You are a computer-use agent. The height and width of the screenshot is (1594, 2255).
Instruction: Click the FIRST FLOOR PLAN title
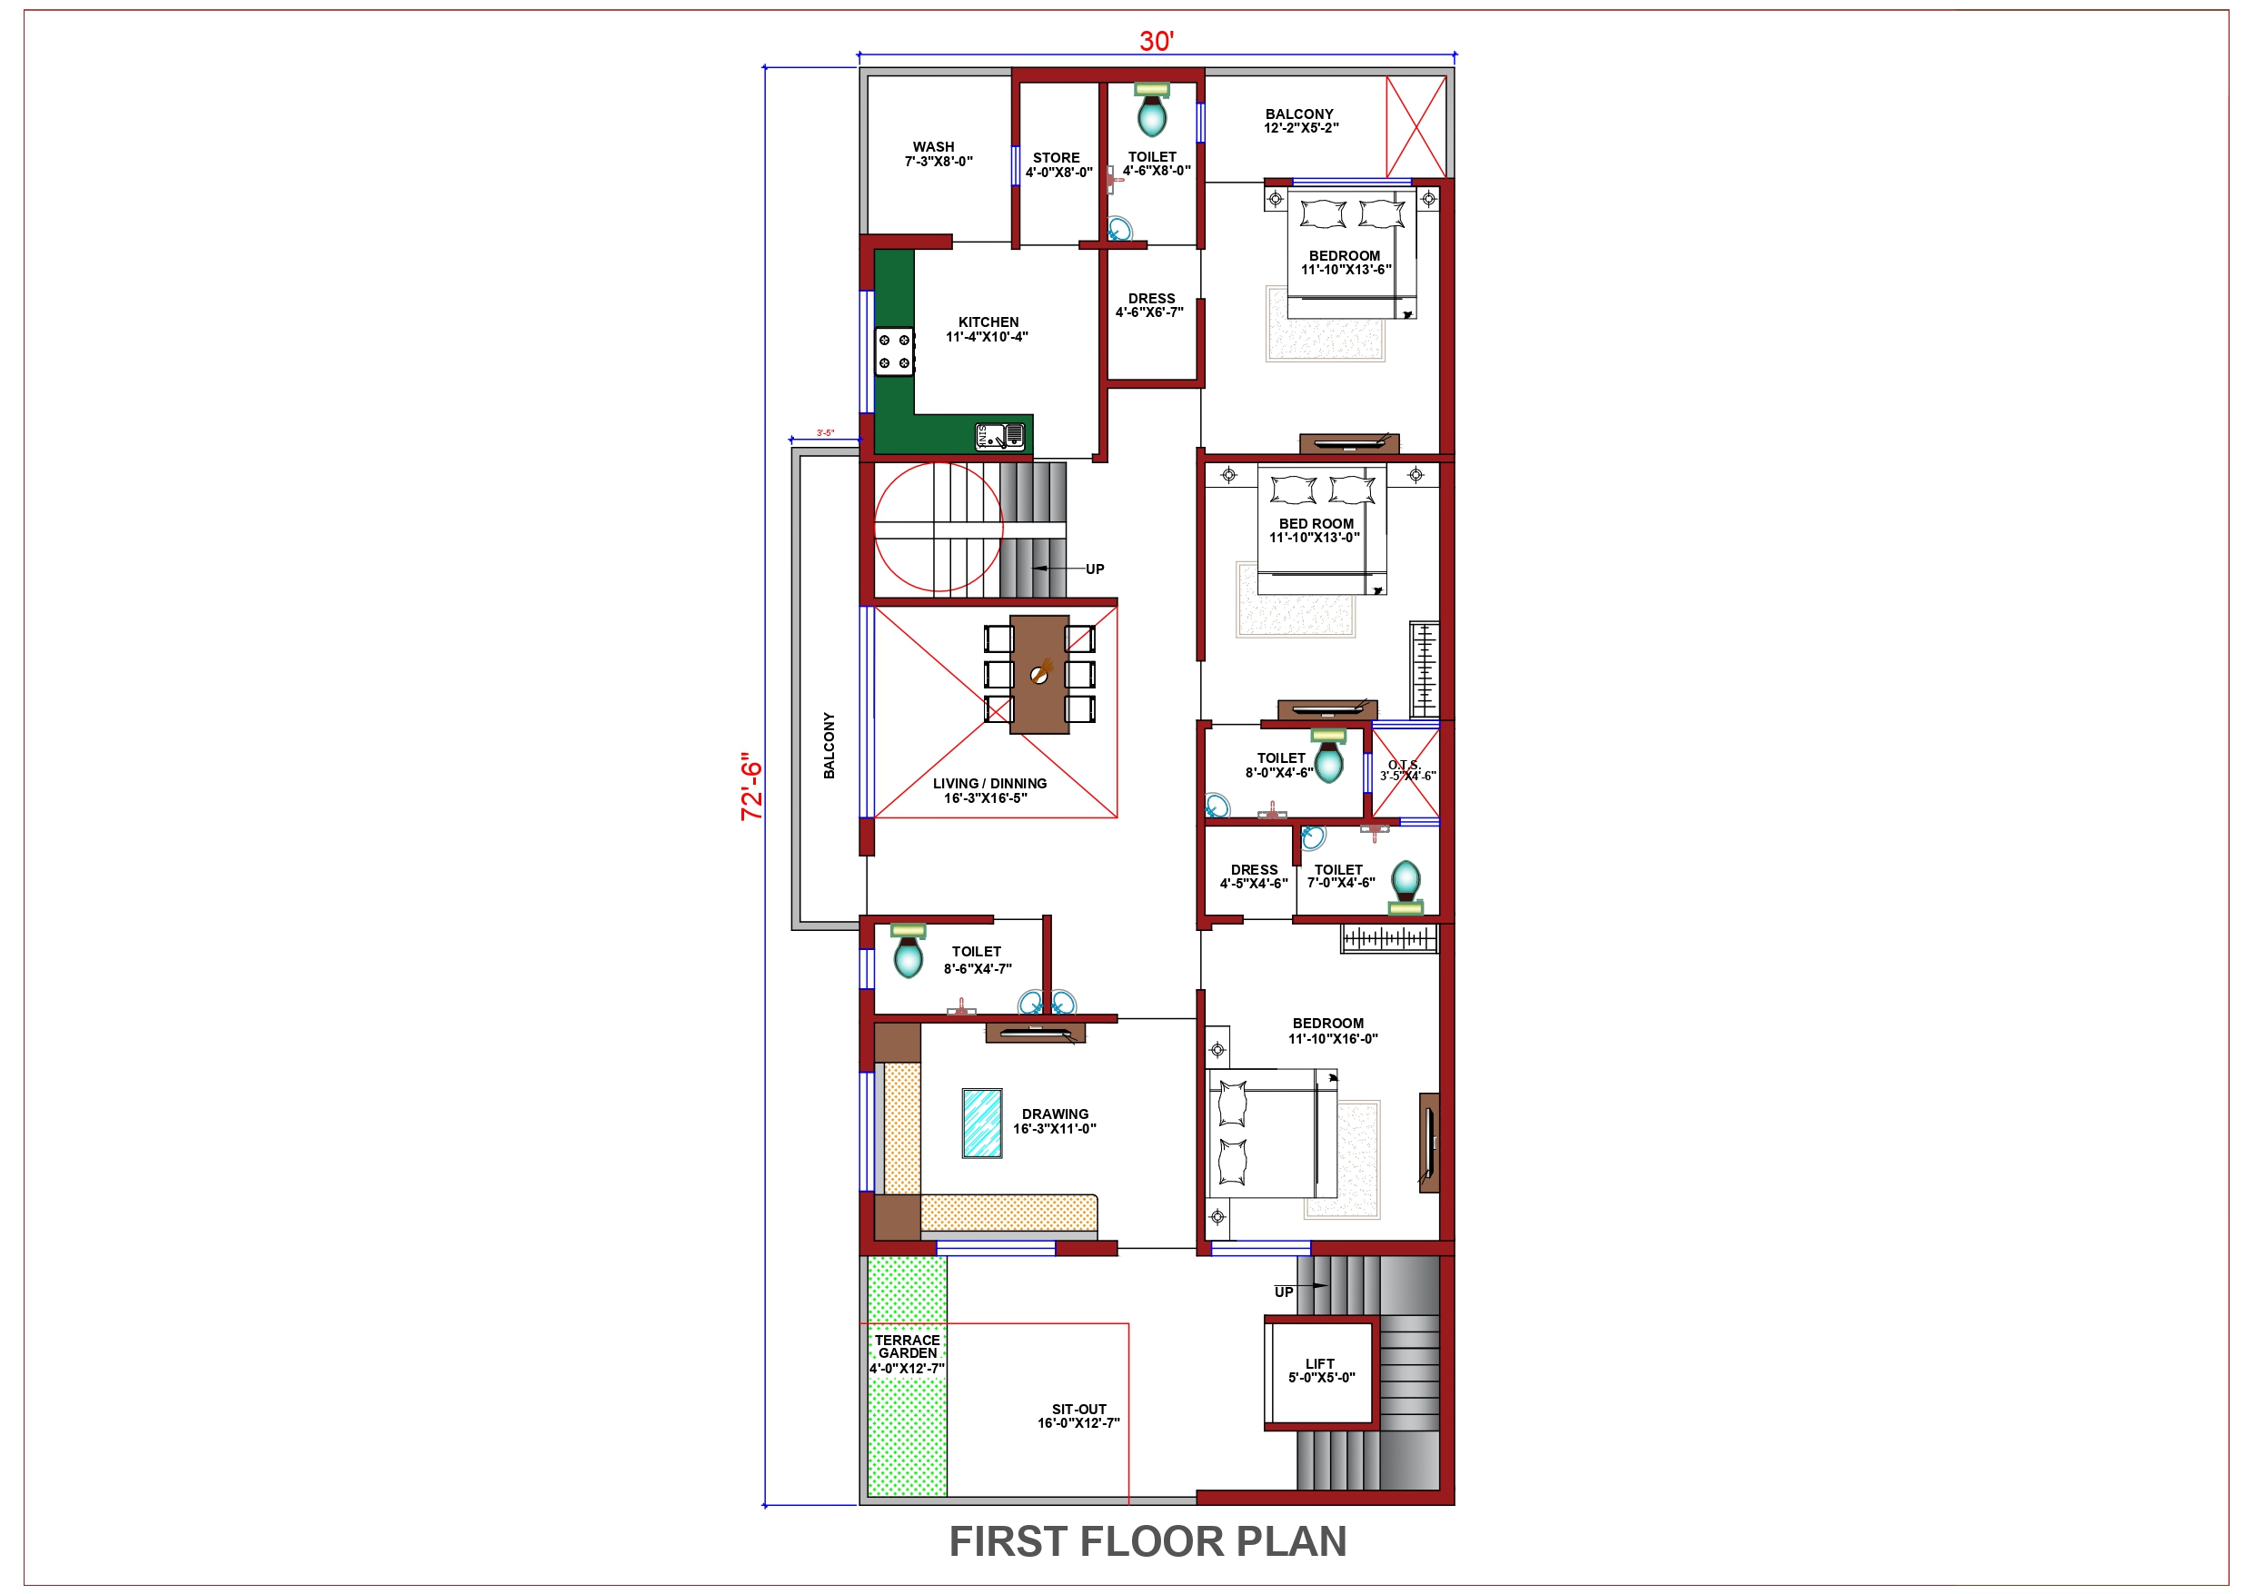(1147, 1541)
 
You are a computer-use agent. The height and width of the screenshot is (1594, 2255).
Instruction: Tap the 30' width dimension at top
(1156, 41)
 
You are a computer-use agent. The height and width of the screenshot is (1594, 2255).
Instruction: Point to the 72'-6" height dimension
(751, 786)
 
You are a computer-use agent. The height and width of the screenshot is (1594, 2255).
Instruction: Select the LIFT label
(1320, 1363)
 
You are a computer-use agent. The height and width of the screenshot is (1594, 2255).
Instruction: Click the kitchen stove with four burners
(894, 351)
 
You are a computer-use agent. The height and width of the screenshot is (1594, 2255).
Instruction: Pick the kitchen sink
(999, 435)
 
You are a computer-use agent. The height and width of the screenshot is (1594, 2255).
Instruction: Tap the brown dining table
(1039, 674)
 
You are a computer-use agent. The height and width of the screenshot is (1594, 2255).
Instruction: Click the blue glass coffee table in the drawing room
(982, 1123)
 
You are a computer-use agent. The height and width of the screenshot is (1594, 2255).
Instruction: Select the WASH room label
(933, 147)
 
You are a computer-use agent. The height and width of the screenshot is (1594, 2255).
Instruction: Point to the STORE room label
(1056, 158)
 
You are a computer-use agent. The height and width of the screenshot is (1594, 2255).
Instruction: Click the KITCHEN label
(988, 322)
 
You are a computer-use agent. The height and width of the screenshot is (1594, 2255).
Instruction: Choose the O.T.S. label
(1404, 765)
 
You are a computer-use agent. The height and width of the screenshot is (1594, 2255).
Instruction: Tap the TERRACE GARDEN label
(908, 1347)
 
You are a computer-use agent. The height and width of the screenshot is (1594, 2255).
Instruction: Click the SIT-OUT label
(1078, 1410)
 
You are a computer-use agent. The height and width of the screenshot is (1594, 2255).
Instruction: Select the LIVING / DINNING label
(989, 784)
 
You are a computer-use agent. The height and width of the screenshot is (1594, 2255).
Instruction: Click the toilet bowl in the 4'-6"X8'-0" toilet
(1151, 113)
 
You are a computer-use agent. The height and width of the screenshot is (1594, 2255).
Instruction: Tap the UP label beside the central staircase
(1094, 569)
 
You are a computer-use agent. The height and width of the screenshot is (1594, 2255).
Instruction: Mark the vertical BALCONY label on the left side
(829, 746)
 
